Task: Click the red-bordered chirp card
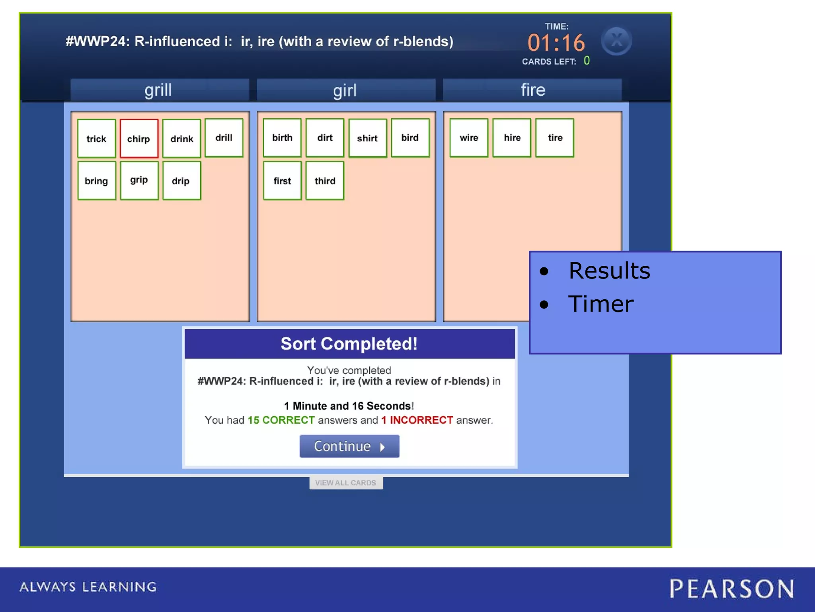138,138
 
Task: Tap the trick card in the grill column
96,138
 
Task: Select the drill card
224,137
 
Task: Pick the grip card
139,180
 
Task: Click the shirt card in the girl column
367,138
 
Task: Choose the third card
325,180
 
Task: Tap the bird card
410,137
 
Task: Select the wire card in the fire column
469,137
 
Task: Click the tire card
555,137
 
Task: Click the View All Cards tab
346,483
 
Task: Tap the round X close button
616,41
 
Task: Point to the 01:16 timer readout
556,43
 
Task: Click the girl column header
345,90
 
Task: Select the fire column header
532,90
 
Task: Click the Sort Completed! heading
349,343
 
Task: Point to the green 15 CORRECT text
281,420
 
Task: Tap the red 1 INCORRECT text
417,420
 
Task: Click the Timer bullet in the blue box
601,304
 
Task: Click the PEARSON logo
731,589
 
